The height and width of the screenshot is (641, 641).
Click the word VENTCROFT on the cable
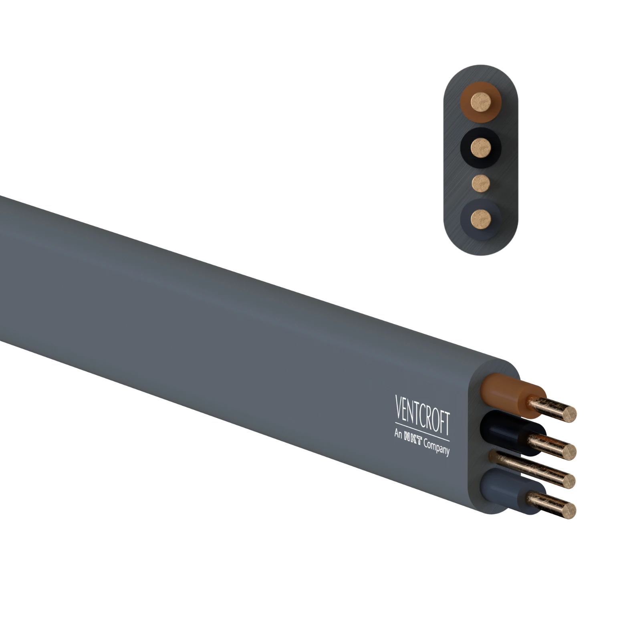pyautogui.click(x=422, y=415)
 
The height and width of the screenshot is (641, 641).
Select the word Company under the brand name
pyautogui.click(x=437, y=446)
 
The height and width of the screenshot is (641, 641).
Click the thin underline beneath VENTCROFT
pyautogui.click(x=422, y=431)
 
